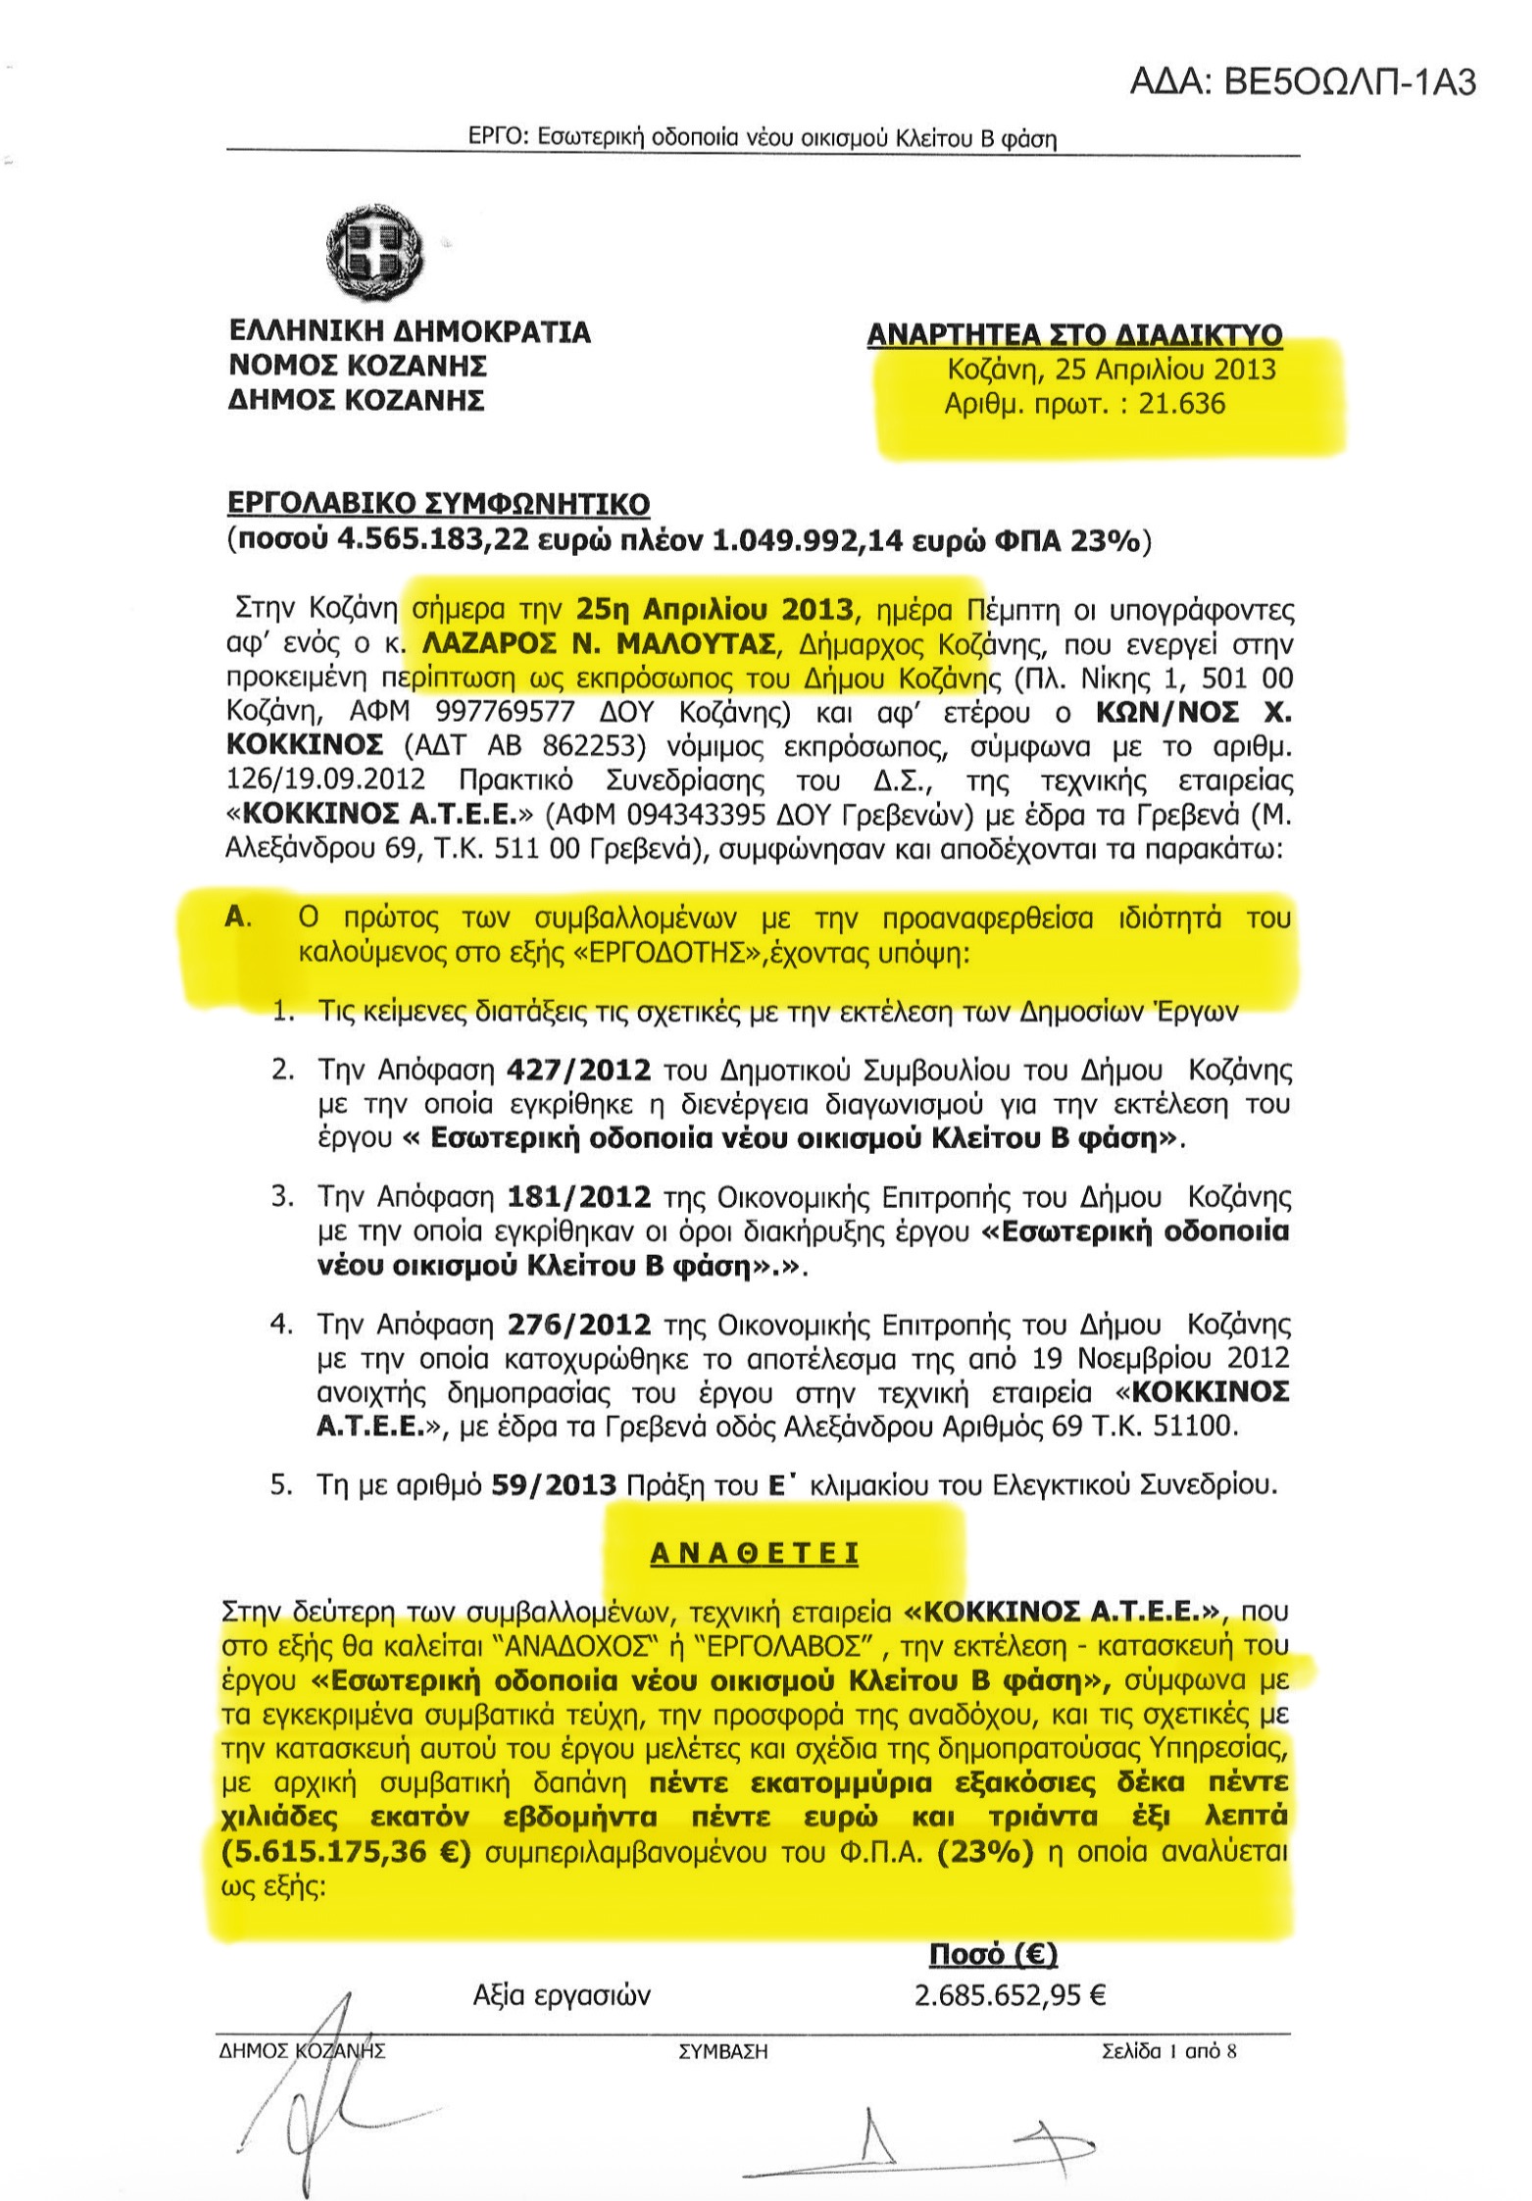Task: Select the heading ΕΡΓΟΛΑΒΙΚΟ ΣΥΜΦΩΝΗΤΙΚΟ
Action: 438,505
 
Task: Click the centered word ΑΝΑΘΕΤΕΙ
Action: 755,1555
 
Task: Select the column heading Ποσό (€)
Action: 993,1955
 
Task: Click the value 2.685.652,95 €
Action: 1011,1996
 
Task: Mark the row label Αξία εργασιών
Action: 562,1996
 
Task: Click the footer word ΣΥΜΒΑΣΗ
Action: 722,2051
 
